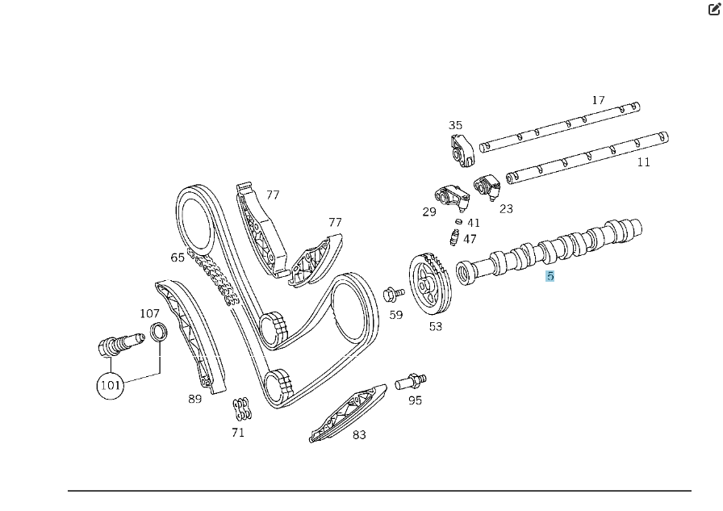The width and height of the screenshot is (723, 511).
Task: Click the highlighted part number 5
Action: click(550, 276)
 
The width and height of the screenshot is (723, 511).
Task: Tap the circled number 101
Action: click(111, 385)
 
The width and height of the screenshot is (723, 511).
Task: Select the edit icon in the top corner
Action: click(714, 9)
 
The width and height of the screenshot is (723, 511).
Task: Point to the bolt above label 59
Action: click(393, 293)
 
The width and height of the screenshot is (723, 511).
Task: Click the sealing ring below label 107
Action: click(159, 333)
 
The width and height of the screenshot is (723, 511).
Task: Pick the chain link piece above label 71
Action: click(242, 409)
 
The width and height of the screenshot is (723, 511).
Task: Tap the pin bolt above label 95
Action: click(411, 381)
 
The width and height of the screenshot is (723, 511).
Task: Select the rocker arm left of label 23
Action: click(487, 186)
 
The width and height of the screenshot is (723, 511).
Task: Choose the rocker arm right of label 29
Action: click(452, 198)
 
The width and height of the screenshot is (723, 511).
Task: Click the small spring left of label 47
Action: click(454, 237)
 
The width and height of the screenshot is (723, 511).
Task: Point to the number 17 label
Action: click(598, 100)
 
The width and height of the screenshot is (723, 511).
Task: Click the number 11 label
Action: click(643, 162)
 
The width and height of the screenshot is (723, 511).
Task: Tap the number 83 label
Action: click(359, 435)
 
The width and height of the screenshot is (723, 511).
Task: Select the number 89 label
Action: click(195, 399)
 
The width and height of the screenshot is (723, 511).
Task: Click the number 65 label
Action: click(178, 258)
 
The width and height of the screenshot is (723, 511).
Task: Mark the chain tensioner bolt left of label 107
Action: click(121, 345)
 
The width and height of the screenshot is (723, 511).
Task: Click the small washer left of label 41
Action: click(458, 221)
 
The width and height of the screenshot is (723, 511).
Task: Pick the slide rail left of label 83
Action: click(348, 413)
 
